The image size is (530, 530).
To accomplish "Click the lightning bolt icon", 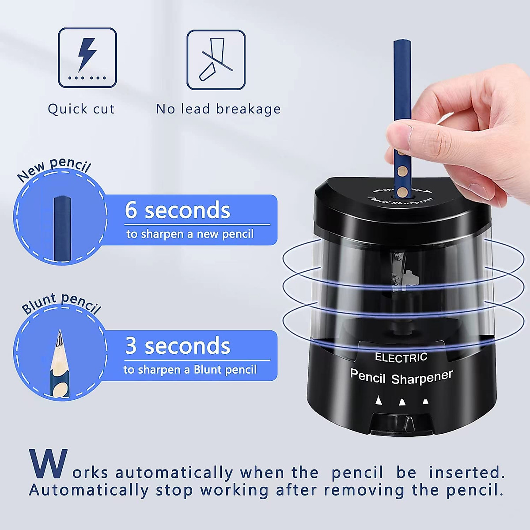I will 87,55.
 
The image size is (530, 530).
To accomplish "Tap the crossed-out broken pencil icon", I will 216,60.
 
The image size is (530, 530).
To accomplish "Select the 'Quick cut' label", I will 81,109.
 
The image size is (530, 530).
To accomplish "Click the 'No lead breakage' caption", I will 218,109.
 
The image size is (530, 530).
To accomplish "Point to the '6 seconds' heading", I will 178,210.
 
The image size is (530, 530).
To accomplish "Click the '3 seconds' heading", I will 178,346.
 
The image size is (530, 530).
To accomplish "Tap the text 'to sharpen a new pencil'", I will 190,234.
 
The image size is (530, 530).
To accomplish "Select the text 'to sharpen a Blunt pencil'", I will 190,370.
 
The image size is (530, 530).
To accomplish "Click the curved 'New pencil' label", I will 54,168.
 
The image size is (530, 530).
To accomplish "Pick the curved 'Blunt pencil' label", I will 61,303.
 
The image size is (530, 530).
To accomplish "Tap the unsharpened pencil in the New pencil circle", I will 62,230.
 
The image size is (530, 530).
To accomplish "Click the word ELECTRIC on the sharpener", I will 401,357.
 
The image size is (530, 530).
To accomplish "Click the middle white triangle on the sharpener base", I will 402,402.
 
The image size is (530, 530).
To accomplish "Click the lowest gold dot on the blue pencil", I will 402,191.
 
